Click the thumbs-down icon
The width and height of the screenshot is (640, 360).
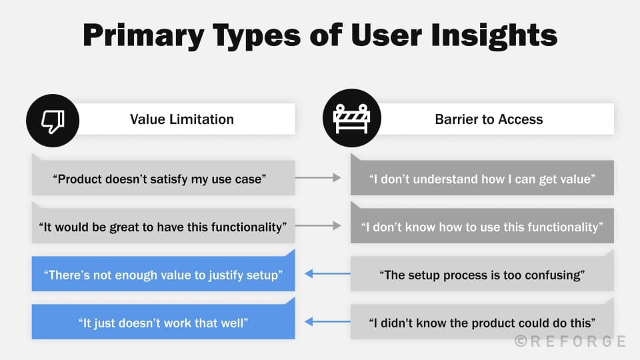[52, 120]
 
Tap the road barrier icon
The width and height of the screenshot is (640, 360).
[351, 119]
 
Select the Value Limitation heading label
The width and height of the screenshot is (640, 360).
[182, 119]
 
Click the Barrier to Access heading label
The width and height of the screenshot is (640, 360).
[489, 119]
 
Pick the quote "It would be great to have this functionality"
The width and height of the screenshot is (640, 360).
[163, 227]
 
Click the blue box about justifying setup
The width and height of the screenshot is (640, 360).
[163, 275]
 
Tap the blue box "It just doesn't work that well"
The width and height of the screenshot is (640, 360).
[163, 323]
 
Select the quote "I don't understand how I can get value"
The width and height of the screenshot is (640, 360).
[482, 179]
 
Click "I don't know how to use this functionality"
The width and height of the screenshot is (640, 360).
[482, 227]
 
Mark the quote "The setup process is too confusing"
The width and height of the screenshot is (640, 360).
[482, 275]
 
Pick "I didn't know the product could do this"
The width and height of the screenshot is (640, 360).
[482, 323]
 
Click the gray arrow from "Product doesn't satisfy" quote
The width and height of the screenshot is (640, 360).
[323, 178]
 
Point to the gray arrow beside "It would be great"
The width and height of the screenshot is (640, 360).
[323, 226]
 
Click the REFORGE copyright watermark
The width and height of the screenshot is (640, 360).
[570, 341]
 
